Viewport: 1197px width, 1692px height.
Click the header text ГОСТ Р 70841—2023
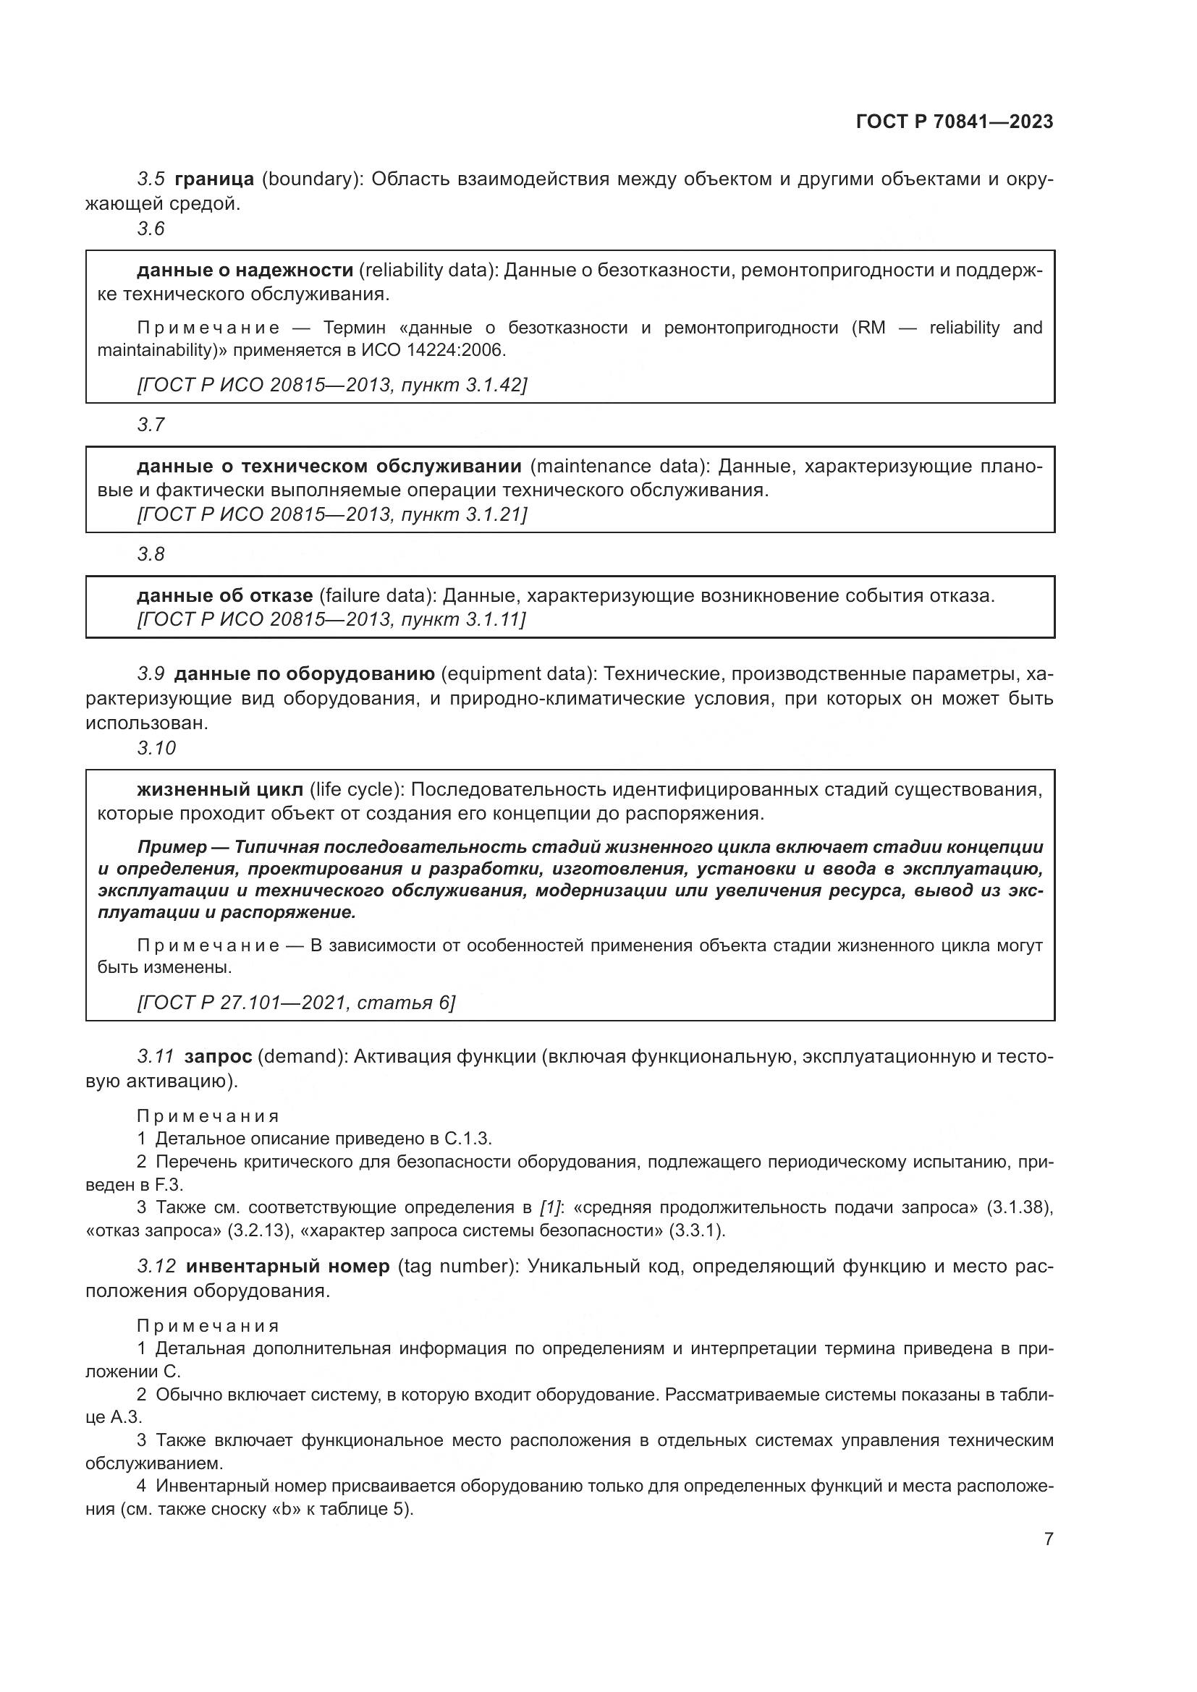[x=954, y=122]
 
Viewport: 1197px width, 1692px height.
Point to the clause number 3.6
[x=151, y=229]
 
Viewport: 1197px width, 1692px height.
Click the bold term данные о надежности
[x=245, y=271]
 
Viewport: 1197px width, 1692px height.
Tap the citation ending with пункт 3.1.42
[x=331, y=385]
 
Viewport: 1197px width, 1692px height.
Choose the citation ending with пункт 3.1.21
[x=331, y=514]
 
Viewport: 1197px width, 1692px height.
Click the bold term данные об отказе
[x=225, y=595]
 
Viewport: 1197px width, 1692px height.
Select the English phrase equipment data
[x=517, y=674]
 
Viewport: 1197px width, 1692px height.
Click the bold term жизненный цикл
[x=220, y=790]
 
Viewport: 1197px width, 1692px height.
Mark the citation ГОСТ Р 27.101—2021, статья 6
[x=296, y=1002]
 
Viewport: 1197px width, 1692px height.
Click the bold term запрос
[x=218, y=1057]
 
